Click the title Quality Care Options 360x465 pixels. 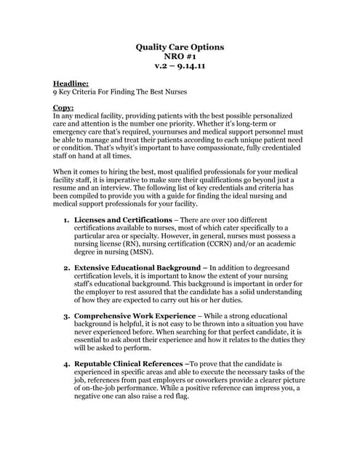click(x=180, y=47)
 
